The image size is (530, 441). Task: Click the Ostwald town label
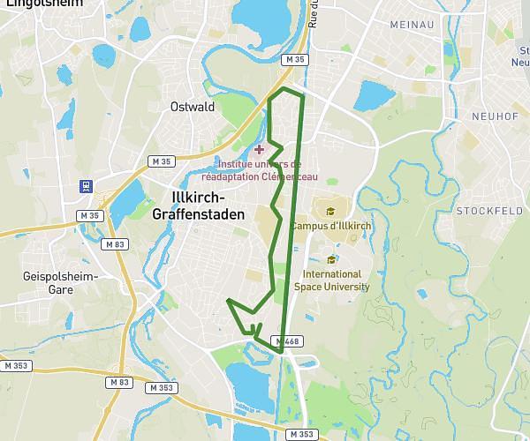193,107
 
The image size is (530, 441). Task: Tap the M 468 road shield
288,341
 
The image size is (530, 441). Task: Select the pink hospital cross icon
259,150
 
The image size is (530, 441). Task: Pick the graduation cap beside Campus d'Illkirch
330,212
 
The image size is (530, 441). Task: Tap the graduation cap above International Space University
331,259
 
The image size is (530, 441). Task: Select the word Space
308,287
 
